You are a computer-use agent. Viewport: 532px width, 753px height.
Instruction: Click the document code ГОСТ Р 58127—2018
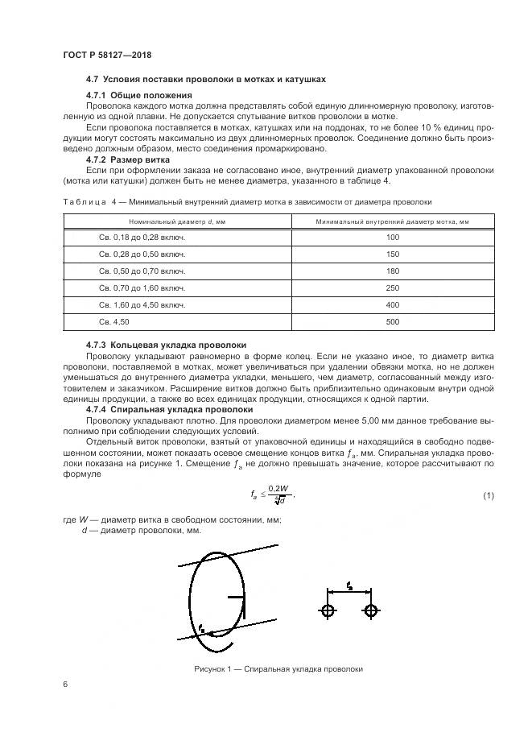[107, 55]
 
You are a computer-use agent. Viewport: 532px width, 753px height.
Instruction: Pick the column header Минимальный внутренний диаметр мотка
[392, 221]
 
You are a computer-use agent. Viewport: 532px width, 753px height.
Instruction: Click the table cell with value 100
[392, 238]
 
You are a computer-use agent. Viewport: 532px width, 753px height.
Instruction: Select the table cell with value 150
[392, 254]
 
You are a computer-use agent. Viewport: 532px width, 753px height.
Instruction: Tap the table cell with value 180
[392, 271]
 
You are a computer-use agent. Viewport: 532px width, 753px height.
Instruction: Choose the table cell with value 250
[392, 288]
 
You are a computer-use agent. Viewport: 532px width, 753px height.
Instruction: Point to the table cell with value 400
[392, 305]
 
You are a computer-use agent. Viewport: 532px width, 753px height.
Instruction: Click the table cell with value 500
[392, 322]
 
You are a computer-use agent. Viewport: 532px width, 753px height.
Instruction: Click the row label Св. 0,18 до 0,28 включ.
[142, 238]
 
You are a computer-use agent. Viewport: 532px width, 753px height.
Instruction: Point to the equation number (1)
[488, 495]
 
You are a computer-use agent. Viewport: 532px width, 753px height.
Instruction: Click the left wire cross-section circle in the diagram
[328, 610]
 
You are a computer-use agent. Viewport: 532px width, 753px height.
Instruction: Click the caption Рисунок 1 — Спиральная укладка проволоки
[278, 669]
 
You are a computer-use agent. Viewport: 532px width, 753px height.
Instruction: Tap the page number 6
[64, 685]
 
